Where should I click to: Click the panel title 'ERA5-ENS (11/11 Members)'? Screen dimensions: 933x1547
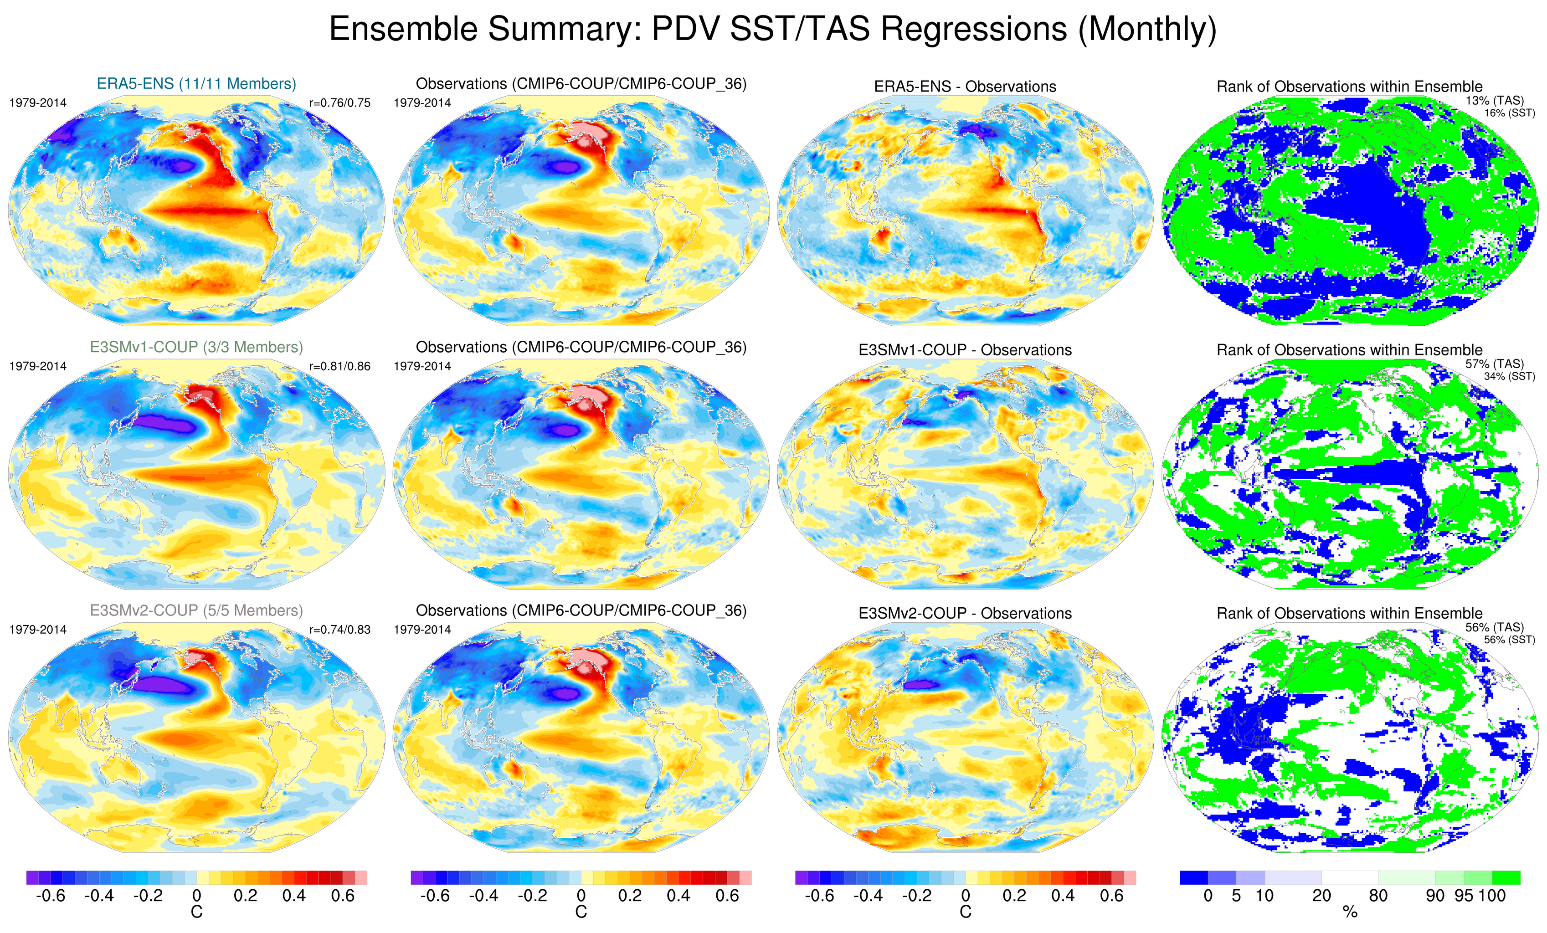tap(196, 83)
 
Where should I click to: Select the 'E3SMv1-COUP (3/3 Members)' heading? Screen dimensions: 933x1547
tap(196, 347)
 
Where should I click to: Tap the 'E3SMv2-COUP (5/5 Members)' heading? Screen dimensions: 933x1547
tap(196, 610)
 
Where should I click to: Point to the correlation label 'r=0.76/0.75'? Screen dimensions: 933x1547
tap(339, 103)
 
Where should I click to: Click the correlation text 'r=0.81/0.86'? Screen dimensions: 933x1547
tap(339, 366)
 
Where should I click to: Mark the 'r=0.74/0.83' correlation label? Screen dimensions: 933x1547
tap(339, 630)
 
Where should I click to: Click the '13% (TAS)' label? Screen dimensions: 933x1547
tap(1494, 101)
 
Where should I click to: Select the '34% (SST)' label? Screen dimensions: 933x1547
tap(1509, 377)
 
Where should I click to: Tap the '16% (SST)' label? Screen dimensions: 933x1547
tap(1509, 113)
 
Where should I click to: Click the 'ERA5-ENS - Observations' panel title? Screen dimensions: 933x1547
tap(965, 87)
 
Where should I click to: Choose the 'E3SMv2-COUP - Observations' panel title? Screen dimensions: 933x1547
tap(965, 613)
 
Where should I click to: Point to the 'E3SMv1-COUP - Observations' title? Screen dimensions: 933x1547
tap(965, 350)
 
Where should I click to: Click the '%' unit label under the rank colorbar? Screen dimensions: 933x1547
tap(1350, 912)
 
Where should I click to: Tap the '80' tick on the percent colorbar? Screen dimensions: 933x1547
tap(1378, 896)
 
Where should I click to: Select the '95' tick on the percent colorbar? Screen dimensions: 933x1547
tap(1464, 896)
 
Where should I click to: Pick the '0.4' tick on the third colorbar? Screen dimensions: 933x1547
tap(1063, 896)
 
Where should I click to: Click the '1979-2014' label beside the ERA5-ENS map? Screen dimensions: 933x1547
tap(38, 103)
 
